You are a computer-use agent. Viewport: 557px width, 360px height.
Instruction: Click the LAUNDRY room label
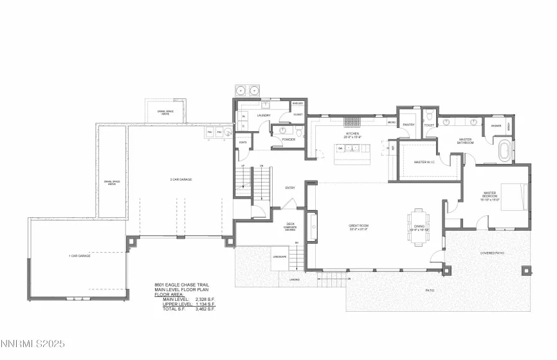tap(264, 116)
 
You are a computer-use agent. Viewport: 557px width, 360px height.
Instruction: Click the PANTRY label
tap(408, 125)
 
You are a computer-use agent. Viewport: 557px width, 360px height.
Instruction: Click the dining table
tap(418, 225)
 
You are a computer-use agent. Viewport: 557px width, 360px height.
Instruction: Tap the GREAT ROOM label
tap(358, 226)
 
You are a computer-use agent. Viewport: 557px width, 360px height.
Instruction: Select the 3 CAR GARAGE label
tap(181, 179)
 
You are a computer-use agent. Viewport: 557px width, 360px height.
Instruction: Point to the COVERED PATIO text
tap(492, 253)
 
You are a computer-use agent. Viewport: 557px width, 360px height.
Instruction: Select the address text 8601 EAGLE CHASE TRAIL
tap(182, 284)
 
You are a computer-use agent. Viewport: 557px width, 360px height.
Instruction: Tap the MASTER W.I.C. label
tap(425, 162)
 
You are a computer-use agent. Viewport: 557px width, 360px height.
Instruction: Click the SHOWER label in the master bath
tap(496, 126)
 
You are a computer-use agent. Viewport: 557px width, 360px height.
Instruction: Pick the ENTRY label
tap(290, 188)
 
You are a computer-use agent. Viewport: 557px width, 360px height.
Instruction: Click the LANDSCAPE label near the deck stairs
tap(260, 256)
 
